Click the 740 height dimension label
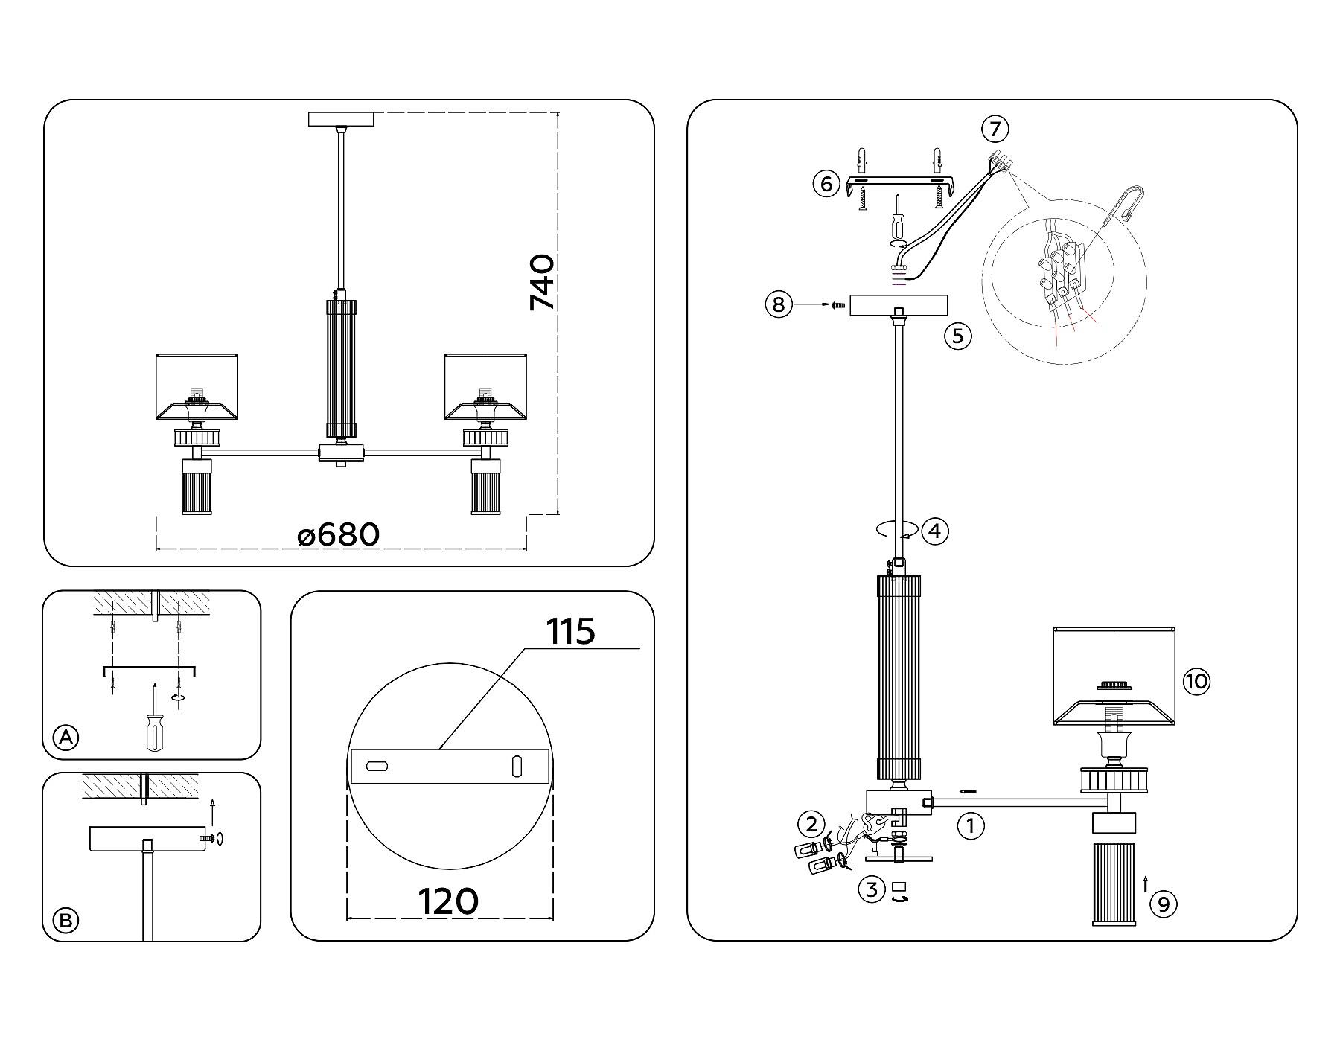point(542,283)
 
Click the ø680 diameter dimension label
point(339,534)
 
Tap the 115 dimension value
point(571,632)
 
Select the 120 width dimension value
point(449,901)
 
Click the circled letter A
point(66,738)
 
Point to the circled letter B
point(66,921)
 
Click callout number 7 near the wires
point(995,129)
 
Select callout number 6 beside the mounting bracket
point(826,183)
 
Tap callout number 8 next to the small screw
point(778,304)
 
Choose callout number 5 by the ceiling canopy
point(958,336)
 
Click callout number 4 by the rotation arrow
point(935,531)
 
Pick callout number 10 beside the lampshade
point(1197,682)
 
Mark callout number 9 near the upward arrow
point(1164,904)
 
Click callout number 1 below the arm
point(970,825)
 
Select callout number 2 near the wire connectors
point(811,824)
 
